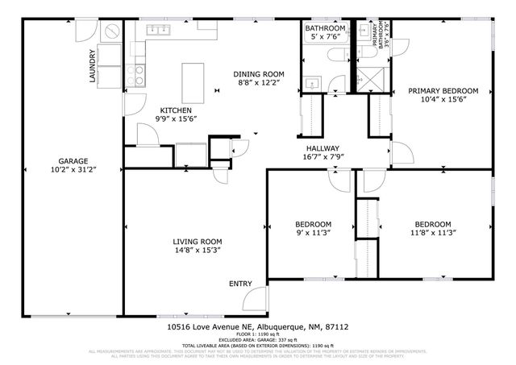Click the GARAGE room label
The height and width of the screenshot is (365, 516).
72,160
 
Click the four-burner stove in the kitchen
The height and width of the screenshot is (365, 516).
138,76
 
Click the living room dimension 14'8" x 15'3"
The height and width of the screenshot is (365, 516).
197,251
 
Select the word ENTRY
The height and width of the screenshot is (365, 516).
240,284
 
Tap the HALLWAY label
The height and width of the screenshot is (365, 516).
322,148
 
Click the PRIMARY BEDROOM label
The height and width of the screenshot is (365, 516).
443,91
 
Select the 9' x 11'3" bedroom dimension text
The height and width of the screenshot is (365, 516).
312,234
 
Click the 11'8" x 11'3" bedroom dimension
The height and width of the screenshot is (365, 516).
432,234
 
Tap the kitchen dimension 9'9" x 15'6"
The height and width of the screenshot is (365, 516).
176,119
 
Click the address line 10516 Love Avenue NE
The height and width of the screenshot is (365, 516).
257,327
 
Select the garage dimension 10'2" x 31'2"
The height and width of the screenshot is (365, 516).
72,170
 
